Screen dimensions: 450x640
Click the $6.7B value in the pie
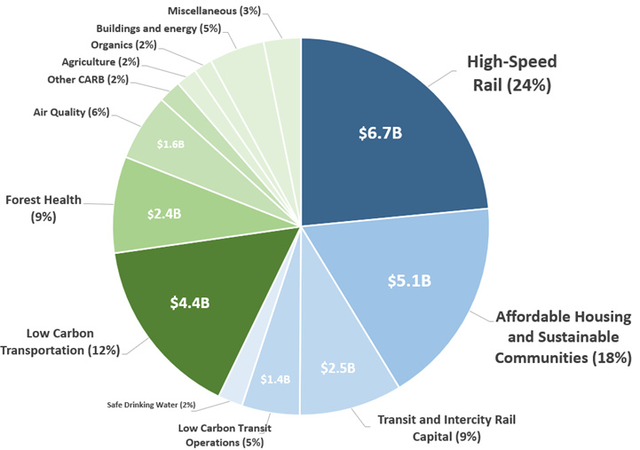(x=380, y=134)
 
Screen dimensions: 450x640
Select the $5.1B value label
(x=408, y=281)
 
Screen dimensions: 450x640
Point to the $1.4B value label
(x=275, y=379)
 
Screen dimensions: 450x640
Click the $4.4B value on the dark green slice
(x=189, y=302)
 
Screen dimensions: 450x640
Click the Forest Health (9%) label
(x=43, y=208)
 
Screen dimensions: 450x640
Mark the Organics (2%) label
(x=123, y=44)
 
